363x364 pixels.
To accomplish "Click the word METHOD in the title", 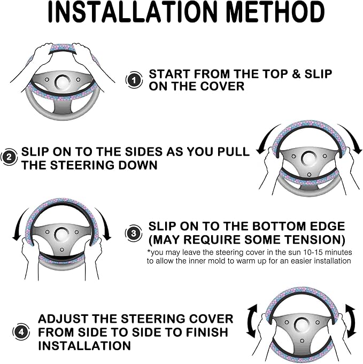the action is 275,12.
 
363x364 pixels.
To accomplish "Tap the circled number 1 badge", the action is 134,80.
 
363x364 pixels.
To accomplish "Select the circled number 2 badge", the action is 9,157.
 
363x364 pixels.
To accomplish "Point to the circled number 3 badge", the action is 134,233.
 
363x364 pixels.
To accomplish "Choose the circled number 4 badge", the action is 21,332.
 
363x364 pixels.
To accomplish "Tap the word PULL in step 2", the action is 233,152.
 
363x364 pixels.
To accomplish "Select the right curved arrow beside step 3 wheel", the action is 104,222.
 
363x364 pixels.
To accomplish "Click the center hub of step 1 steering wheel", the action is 63,82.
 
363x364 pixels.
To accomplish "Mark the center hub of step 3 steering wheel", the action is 62,235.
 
